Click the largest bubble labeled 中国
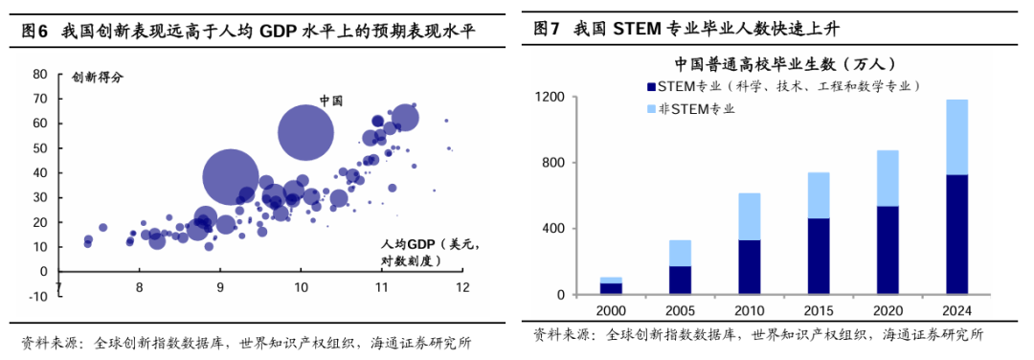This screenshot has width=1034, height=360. (x=305, y=132)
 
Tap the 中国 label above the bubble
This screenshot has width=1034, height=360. (x=330, y=100)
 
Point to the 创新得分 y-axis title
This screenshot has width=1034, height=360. (x=98, y=77)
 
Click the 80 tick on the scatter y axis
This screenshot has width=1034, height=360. (x=40, y=74)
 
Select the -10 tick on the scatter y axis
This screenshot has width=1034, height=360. (x=38, y=296)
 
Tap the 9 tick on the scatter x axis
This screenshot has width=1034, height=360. (x=220, y=286)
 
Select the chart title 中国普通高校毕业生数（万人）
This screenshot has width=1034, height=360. (x=783, y=64)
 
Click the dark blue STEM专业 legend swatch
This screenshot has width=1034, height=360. (x=651, y=86)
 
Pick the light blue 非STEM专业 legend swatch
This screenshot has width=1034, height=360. (x=651, y=108)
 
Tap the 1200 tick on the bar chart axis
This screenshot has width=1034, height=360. (x=552, y=97)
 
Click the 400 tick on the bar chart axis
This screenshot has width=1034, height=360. (x=556, y=229)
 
